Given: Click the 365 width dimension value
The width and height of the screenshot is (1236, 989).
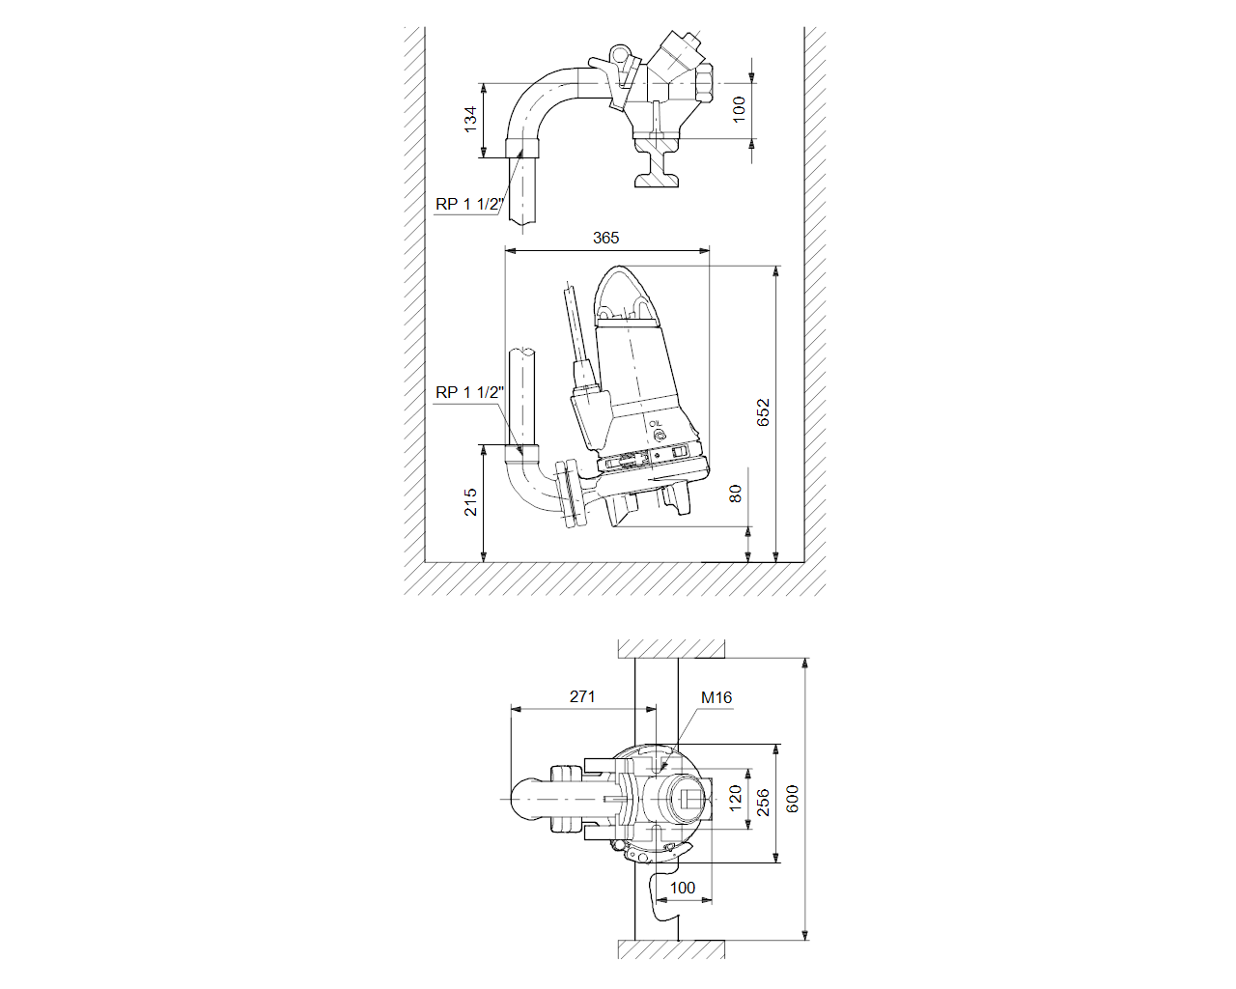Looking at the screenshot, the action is (x=606, y=238).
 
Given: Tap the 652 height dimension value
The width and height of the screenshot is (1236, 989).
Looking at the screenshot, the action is (x=763, y=412).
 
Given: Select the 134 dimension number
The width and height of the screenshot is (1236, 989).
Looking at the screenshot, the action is (x=470, y=120).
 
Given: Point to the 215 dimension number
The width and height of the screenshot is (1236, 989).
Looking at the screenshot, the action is (x=470, y=502).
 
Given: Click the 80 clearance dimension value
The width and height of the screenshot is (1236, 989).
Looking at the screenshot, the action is (x=735, y=494).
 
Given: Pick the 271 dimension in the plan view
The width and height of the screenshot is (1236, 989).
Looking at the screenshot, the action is (x=582, y=696).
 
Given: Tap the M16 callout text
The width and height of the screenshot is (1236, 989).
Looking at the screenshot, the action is (x=716, y=697).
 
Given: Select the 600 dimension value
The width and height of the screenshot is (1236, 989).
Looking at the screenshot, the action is (x=792, y=799).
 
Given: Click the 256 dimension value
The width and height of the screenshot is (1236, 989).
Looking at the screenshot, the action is (x=763, y=803).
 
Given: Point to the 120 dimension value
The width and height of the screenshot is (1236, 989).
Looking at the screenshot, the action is (x=735, y=799).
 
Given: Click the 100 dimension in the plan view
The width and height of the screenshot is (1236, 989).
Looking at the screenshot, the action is (x=683, y=888).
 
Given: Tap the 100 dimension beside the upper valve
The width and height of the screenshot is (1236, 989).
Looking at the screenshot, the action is (x=739, y=109).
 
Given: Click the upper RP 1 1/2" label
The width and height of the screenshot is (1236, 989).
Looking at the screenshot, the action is (x=470, y=204).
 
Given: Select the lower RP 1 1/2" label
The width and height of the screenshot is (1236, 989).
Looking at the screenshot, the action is (x=470, y=392).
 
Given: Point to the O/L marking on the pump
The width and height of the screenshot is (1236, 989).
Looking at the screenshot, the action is (x=656, y=424).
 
